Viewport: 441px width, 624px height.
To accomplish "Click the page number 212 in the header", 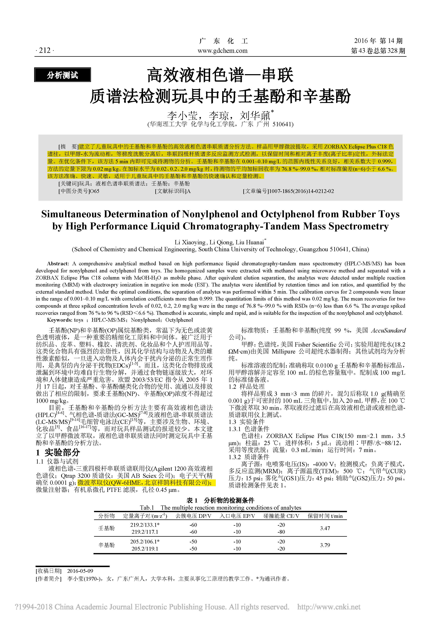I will tap(45, 50).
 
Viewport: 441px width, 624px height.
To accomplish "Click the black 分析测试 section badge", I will tap(63, 75).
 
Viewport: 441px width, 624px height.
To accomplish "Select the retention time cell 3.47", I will tap(325, 528).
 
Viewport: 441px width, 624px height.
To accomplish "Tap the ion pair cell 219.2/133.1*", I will tap(145, 525).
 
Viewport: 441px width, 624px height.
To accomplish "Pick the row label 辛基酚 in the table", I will tap(106, 545).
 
